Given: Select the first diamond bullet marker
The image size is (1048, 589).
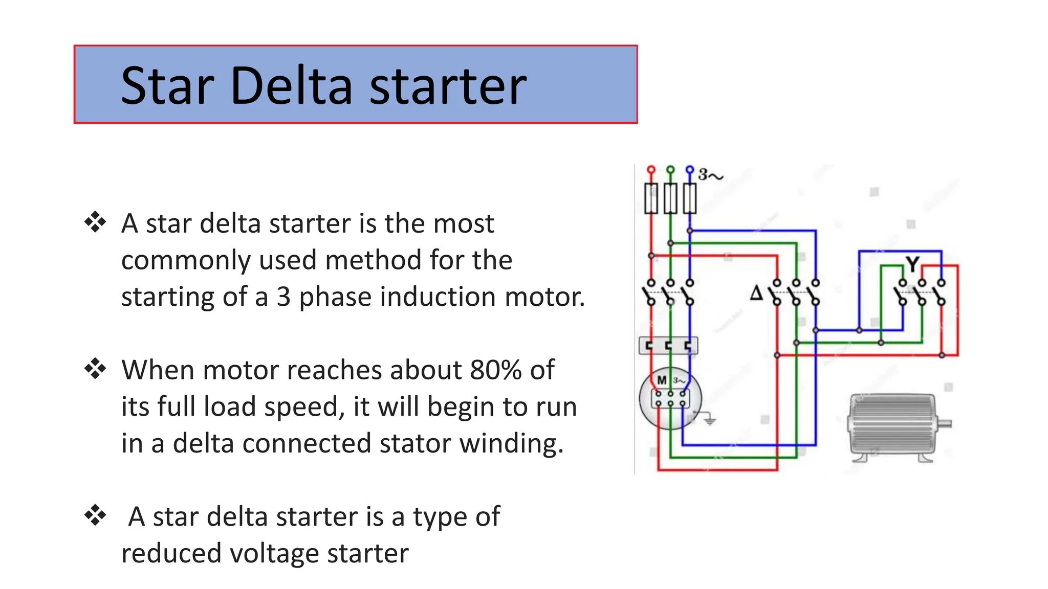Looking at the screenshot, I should coord(95,222).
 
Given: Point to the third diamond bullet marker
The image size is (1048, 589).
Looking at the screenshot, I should coord(95,515).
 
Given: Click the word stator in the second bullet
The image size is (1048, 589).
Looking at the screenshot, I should coord(414,443).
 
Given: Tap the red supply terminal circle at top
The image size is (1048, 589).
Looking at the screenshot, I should coord(651,169).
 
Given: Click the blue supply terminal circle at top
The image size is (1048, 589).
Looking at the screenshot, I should coord(690,169).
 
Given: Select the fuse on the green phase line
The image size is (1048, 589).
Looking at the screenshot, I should coord(670,198).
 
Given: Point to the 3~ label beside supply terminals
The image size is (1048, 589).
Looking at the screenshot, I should coord(711,175).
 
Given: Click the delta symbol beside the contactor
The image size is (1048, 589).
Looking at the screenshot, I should coord(756,293).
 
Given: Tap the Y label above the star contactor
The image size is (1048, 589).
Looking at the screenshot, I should coord(912,264).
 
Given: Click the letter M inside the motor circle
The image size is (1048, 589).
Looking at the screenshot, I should coord(662,380).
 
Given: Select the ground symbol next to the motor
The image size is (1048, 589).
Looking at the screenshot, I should coord(709,420).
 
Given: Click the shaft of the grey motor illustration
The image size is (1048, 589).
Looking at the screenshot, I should coord(945,423).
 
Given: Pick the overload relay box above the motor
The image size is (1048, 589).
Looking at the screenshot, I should coord(668,346).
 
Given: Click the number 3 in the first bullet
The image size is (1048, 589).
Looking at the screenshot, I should coord(283,297).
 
